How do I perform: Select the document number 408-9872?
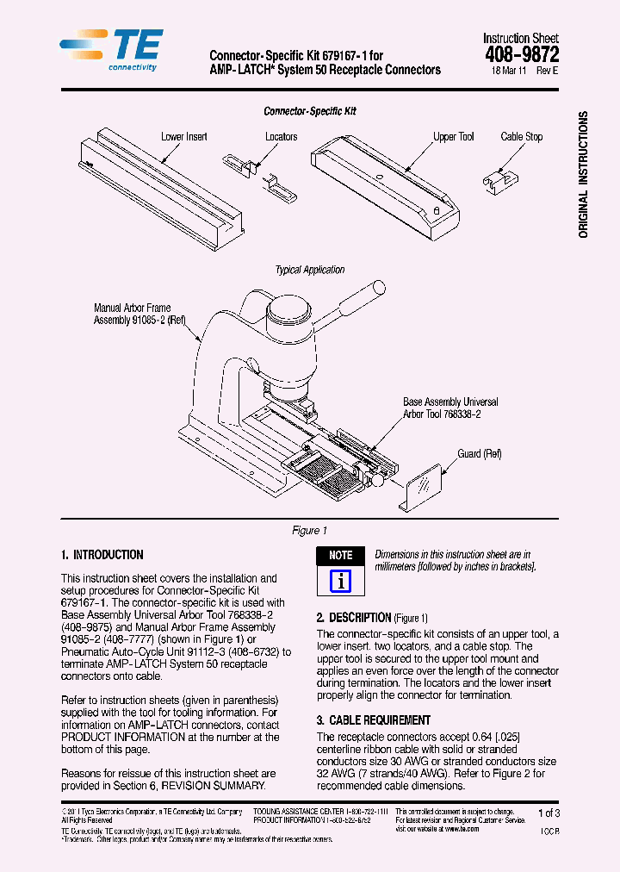pos(520,54)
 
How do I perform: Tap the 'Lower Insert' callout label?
pos(183,137)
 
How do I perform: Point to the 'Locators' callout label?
pos(281,137)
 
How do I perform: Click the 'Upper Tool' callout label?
pos(453,137)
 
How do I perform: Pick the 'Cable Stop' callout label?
pos(521,137)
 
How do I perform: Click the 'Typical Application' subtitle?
pos(310,270)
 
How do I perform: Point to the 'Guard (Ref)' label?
pos(480,454)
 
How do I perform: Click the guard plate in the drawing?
pos(423,488)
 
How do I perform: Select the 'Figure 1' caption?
pos(310,531)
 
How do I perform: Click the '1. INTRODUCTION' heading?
pos(102,555)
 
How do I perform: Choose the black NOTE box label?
pos(340,555)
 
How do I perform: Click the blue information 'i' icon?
pos(341,581)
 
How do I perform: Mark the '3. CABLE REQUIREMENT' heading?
pos(374,720)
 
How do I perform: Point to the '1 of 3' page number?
pos(548,813)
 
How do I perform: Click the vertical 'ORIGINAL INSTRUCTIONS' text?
pos(583,174)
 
